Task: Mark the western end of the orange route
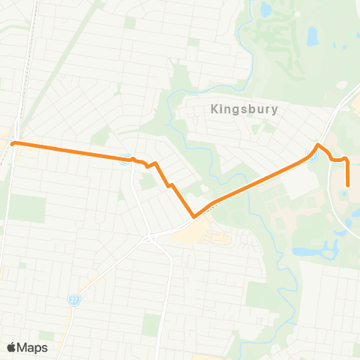[x=13, y=142]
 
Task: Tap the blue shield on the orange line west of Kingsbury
[x=124, y=157]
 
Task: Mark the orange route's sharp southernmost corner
[x=193, y=217]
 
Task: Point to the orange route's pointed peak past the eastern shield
[x=319, y=144]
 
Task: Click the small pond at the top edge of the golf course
[x=265, y=10]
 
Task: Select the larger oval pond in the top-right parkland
[x=312, y=35]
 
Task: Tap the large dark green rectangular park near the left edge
[x=25, y=208]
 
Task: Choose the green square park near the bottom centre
[x=151, y=324]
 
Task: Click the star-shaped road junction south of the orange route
[x=150, y=239]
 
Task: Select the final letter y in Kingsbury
[x=274, y=110]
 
